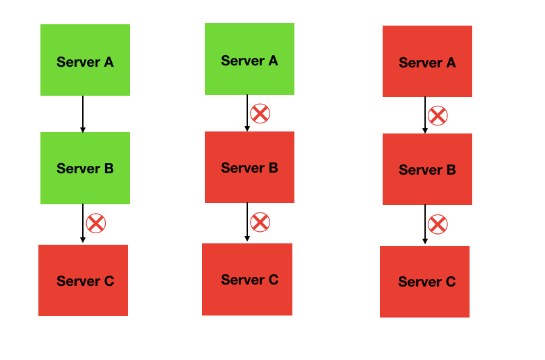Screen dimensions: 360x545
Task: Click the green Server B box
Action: click(x=85, y=168)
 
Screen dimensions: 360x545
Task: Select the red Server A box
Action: click(x=427, y=61)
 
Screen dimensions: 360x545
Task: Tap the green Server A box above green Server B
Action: click(x=85, y=60)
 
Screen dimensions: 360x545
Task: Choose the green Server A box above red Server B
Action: click(x=249, y=59)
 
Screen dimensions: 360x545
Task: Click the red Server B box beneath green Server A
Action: click(x=249, y=167)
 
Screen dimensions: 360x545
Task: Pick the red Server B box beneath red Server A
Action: click(x=427, y=169)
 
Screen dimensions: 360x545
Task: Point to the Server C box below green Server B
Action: click(x=83, y=280)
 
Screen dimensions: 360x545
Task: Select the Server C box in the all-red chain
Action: click(x=424, y=282)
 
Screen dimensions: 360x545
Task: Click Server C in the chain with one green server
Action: click(x=247, y=279)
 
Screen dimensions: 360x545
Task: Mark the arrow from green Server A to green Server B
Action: click(x=83, y=114)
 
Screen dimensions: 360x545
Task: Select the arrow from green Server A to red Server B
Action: click(x=247, y=113)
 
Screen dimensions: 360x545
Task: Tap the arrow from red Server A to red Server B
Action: click(x=425, y=115)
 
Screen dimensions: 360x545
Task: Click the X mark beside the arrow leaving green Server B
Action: click(x=96, y=223)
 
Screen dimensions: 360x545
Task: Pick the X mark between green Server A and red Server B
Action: click(x=260, y=113)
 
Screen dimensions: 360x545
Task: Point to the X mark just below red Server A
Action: click(x=438, y=115)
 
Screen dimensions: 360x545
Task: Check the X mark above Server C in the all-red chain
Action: click(x=438, y=224)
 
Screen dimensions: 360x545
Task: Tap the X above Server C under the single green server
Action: click(x=260, y=222)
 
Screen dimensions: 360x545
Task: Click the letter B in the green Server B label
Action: click(x=108, y=169)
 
